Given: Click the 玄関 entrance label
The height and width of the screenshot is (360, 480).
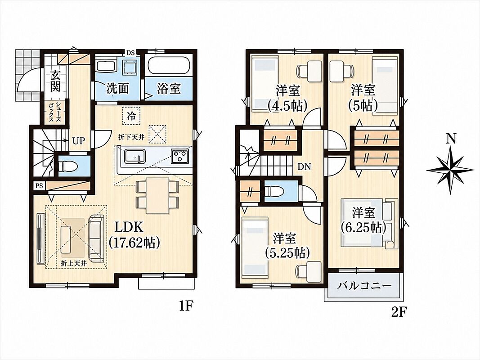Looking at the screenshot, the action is point(55,81).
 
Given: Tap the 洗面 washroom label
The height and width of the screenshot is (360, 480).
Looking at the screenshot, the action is point(117,89).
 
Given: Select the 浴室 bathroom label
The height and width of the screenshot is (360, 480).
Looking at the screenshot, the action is point(169,88).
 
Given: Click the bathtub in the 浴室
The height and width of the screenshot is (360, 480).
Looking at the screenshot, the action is point(169,66).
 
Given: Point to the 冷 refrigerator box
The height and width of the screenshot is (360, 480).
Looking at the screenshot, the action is point(131,116).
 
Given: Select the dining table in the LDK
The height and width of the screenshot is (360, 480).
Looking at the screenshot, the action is point(157,196).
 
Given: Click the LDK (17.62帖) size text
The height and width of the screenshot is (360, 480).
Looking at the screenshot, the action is point(134,235).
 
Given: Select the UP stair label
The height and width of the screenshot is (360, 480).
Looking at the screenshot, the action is point(79,141).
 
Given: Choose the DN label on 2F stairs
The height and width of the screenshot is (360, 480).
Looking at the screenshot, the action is point(304,167).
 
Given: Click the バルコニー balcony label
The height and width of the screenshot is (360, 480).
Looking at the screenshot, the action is point(364,286).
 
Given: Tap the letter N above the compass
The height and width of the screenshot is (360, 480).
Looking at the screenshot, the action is point(451,139).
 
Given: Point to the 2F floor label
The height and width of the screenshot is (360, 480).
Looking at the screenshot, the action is point(399,313).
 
